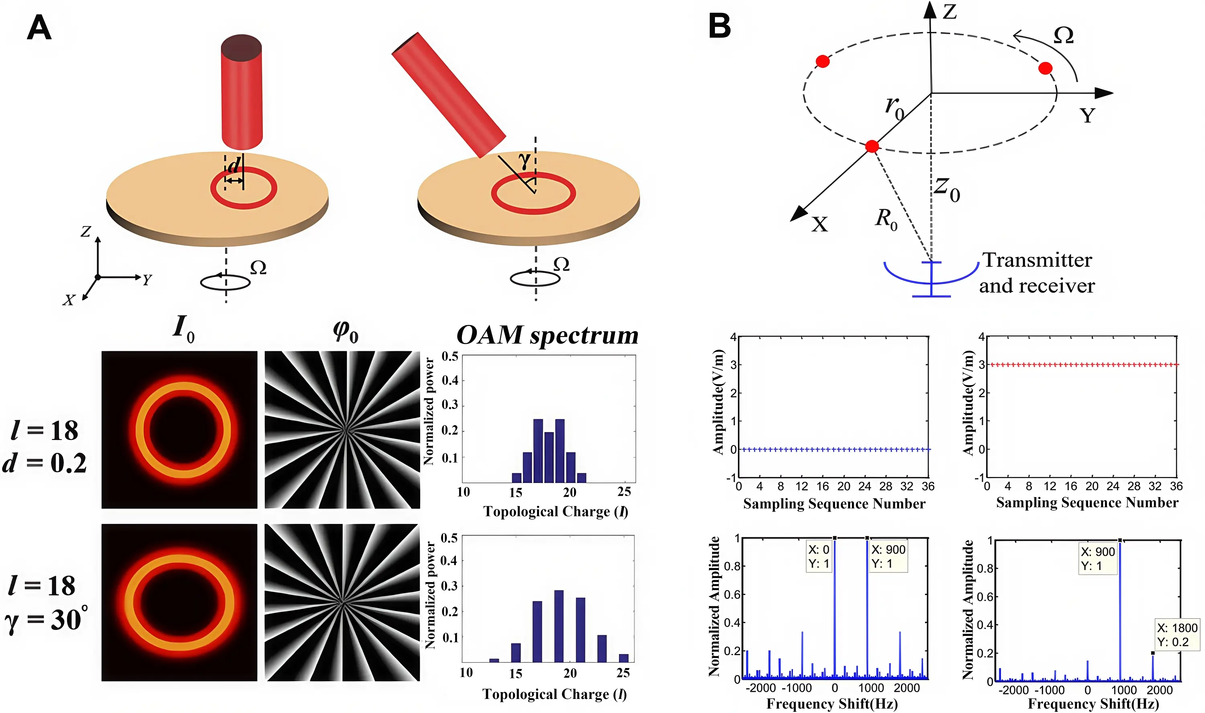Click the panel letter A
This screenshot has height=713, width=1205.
pyautogui.click(x=39, y=28)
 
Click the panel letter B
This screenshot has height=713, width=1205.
pyautogui.click(x=719, y=26)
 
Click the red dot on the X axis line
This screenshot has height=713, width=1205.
pyautogui.click(x=872, y=146)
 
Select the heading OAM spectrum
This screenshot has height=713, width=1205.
pyautogui.click(x=547, y=335)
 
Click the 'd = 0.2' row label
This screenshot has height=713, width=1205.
pyautogui.click(x=45, y=463)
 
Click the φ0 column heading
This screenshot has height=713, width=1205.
pyautogui.click(x=345, y=332)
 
